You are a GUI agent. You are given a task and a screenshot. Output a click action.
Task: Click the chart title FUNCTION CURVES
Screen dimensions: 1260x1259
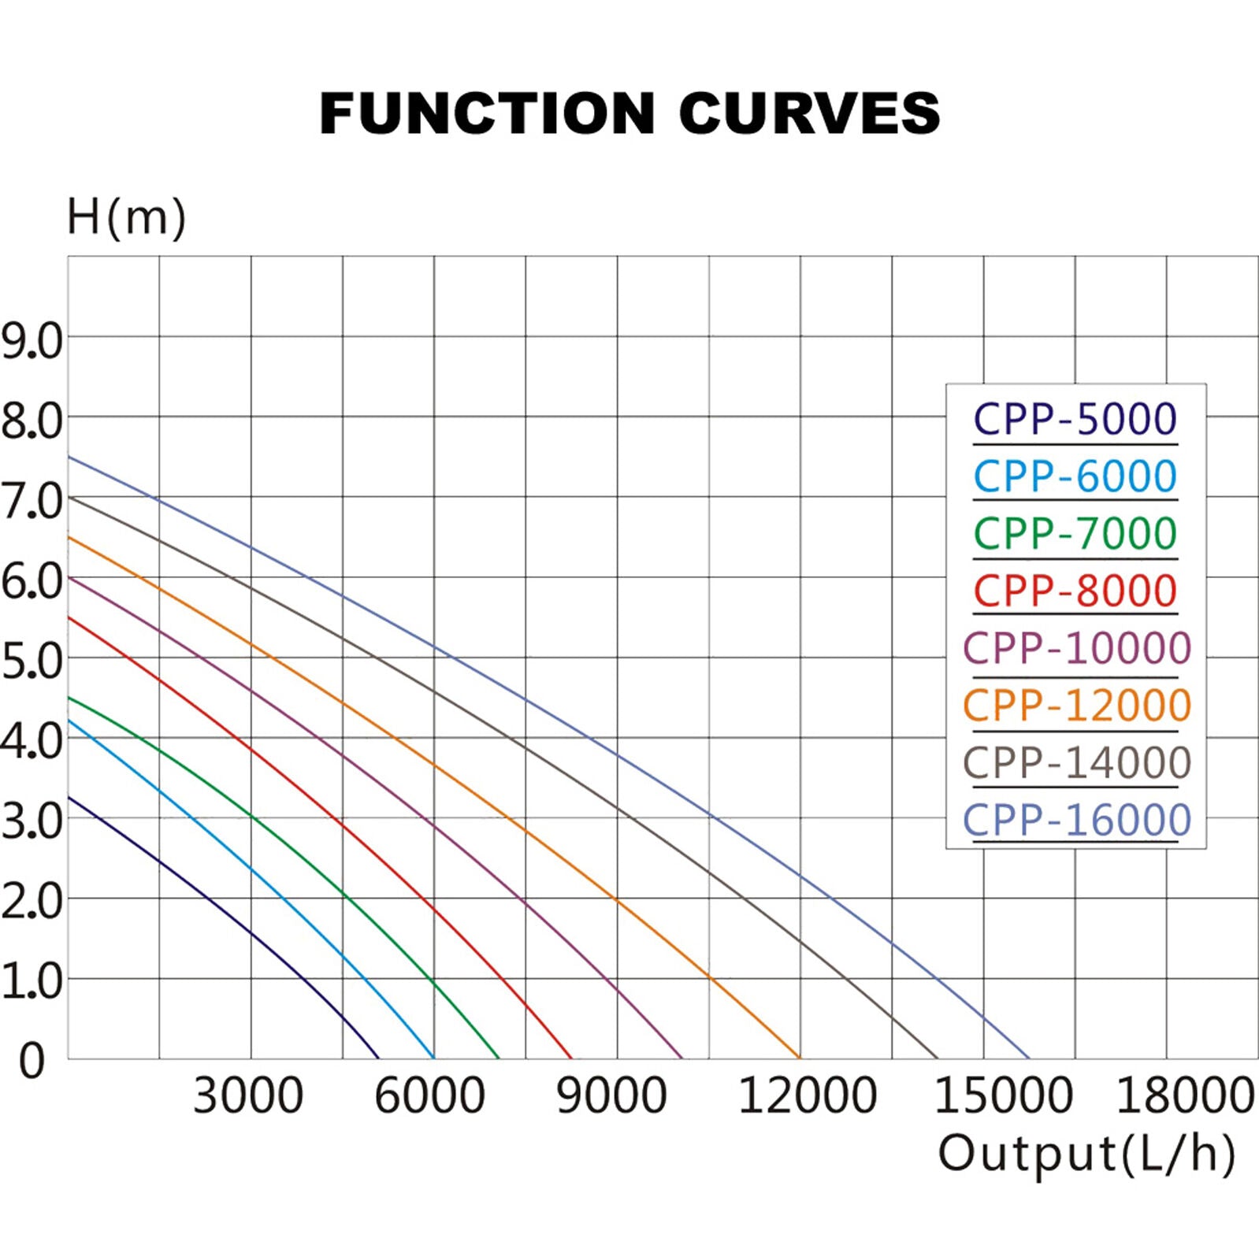(x=629, y=113)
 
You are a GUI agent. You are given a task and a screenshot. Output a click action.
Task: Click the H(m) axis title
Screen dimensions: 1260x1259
(x=126, y=217)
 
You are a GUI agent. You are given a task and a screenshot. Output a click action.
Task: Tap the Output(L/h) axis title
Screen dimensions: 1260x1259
(x=1086, y=1154)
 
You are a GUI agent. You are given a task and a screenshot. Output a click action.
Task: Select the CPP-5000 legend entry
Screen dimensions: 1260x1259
(x=1075, y=419)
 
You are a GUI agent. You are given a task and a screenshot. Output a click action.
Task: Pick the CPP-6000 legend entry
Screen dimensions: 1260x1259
(x=1075, y=476)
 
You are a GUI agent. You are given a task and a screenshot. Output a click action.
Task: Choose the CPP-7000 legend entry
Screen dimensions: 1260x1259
(x=1075, y=534)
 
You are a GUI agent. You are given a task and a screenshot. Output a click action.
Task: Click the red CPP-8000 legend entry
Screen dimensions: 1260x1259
(x=1075, y=591)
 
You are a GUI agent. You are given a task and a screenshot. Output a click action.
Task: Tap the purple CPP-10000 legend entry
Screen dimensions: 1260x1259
(x=1077, y=648)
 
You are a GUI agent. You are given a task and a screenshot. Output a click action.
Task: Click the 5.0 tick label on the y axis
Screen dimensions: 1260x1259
(x=32, y=661)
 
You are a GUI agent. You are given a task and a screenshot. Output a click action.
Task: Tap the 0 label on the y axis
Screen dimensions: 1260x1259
(x=32, y=1060)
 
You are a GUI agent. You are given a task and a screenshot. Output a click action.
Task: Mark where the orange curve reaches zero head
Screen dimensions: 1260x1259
(x=800, y=1058)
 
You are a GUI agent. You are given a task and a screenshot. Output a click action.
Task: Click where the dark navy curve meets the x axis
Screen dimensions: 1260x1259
(x=379, y=1058)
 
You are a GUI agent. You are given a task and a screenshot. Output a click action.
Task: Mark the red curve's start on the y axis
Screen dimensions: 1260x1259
(x=69, y=617)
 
